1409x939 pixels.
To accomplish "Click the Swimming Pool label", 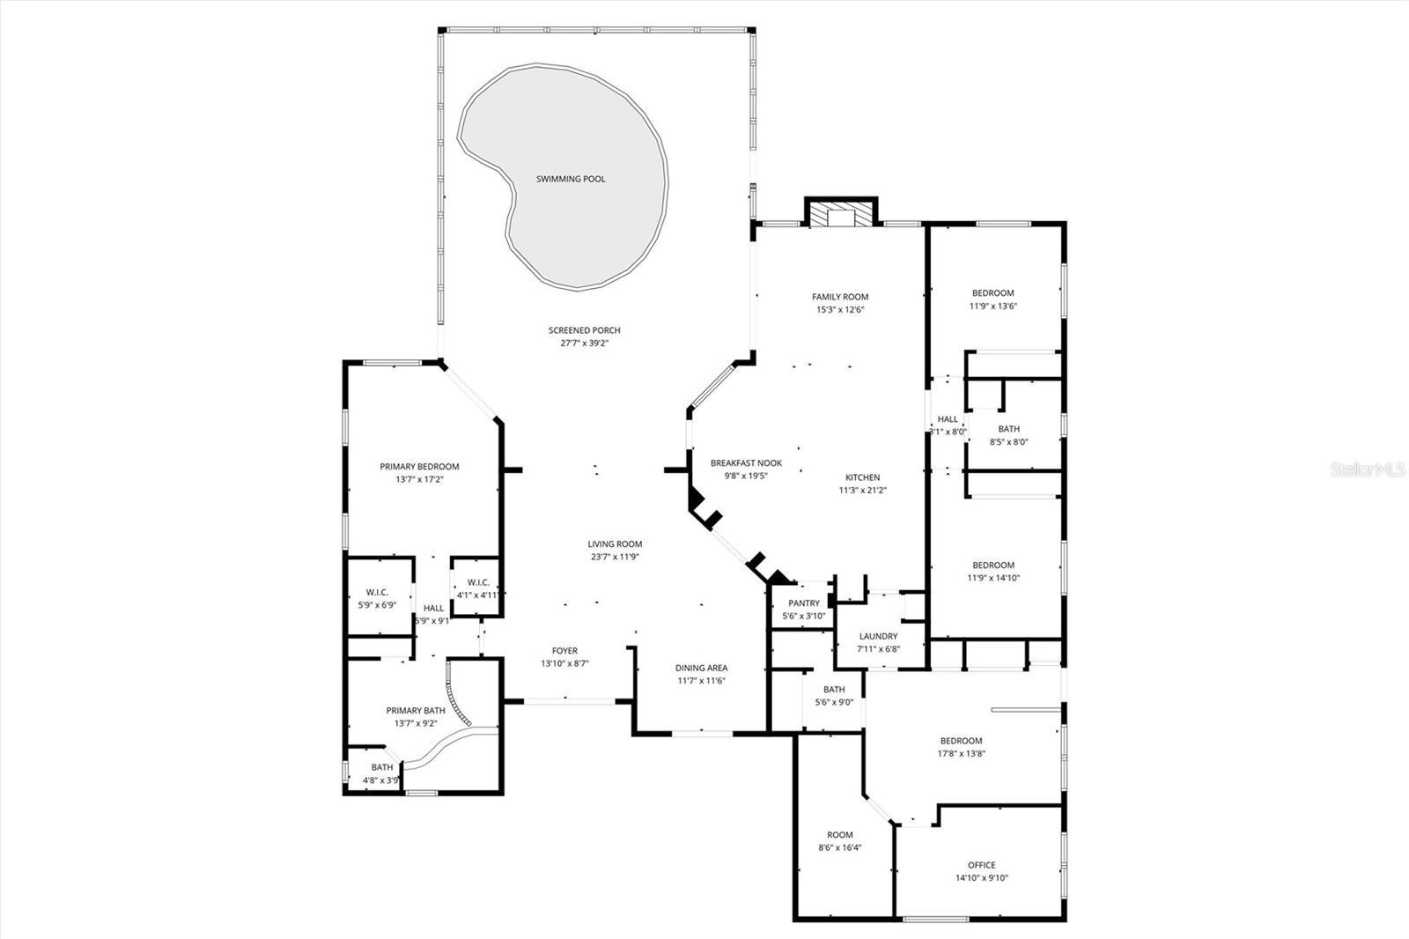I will [x=571, y=179].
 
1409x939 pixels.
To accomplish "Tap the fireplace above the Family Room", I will [x=841, y=217].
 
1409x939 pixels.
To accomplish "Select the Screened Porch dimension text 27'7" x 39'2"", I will [x=585, y=344].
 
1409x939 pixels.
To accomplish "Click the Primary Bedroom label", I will [x=419, y=467].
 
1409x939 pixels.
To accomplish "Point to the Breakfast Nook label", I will [x=746, y=463].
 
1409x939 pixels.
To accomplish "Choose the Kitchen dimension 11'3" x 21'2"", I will [x=862, y=491].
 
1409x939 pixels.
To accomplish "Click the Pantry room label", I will [x=804, y=603].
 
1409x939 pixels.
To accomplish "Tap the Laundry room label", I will [x=878, y=636].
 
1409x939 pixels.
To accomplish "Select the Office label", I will [x=981, y=865].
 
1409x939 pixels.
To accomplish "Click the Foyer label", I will [x=564, y=651].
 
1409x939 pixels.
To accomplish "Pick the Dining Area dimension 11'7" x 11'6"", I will [x=701, y=681].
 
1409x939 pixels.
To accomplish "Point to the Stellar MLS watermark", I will [x=1368, y=470].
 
